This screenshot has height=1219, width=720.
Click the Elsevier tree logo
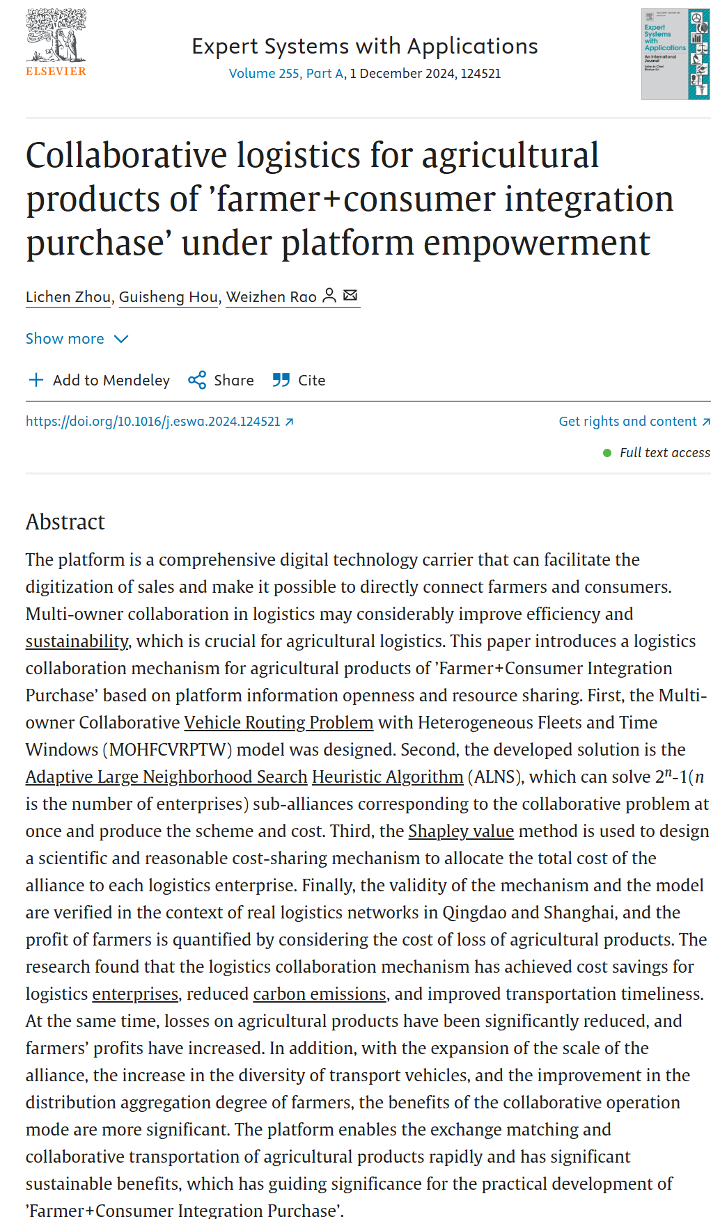pyautogui.click(x=56, y=36)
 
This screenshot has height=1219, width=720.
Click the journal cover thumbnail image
pyautogui.click(x=675, y=54)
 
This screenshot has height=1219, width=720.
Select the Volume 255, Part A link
pyautogui.click(x=286, y=74)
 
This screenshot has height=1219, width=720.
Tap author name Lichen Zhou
pyautogui.click(x=68, y=297)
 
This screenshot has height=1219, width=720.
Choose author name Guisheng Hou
pyautogui.click(x=169, y=297)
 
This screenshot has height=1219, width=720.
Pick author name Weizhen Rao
pyautogui.click(x=272, y=297)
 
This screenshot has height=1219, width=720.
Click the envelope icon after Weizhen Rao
pyautogui.click(x=350, y=296)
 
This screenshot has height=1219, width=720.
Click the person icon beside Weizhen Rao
pyautogui.click(x=329, y=296)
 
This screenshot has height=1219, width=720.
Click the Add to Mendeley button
pyautogui.click(x=99, y=381)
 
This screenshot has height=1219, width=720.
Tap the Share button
pyautogui.click(x=221, y=381)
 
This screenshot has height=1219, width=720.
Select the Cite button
pyautogui.click(x=299, y=381)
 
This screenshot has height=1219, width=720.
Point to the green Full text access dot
pyautogui.click(x=607, y=453)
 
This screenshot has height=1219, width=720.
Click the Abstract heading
pyautogui.click(x=65, y=522)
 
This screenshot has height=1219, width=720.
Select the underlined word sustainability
pyautogui.click(x=77, y=642)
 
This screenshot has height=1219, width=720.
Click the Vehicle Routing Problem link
pyautogui.click(x=279, y=723)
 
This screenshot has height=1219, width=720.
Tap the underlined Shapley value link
pyautogui.click(x=461, y=831)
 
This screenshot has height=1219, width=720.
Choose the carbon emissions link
pyautogui.click(x=320, y=994)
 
